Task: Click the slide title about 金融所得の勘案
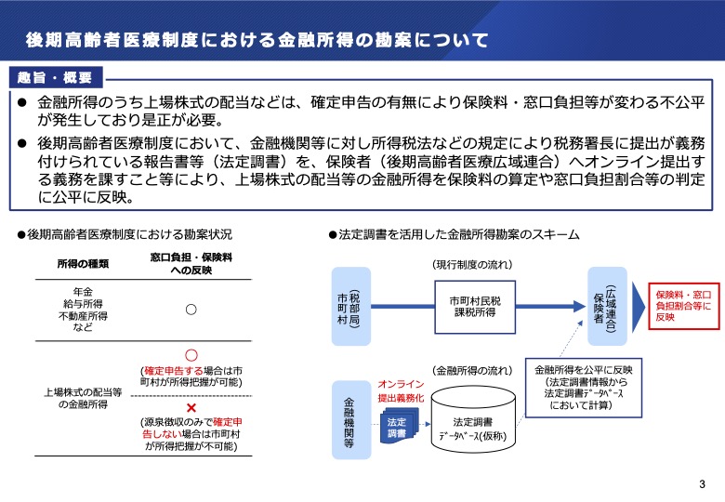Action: click(x=257, y=40)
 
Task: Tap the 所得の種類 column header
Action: click(x=83, y=262)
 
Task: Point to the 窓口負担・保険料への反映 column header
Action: click(x=190, y=262)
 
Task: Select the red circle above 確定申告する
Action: click(x=191, y=355)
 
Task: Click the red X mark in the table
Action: click(x=191, y=408)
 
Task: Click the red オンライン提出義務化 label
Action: click(x=401, y=390)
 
